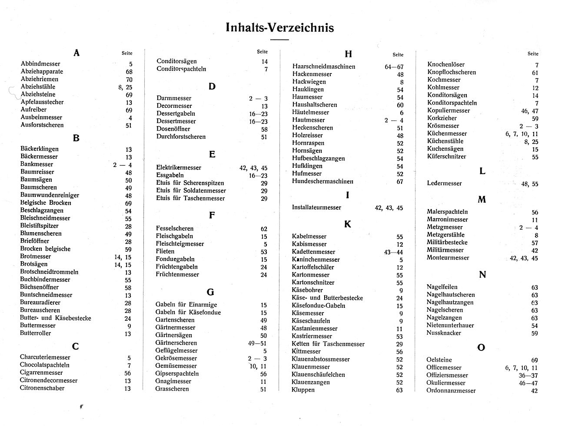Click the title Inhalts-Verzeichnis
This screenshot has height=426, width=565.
click(280, 28)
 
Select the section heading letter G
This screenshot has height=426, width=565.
click(210, 292)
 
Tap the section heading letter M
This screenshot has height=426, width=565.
click(482, 200)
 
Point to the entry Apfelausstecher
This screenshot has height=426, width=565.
click(42, 102)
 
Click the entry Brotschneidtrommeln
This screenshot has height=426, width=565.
click(49, 272)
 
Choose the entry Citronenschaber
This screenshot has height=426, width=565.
click(42, 388)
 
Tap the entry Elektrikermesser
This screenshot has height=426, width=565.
click(179, 167)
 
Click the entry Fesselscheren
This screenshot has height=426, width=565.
click(175, 228)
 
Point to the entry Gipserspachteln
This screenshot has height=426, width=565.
click(177, 373)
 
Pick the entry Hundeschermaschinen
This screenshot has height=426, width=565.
click(322, 181)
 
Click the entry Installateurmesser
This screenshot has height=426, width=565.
click(316, 207)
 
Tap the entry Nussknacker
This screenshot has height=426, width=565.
click(444, 333)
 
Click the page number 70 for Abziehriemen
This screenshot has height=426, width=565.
click(129, 80)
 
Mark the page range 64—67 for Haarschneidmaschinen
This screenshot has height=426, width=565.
click(394, 67)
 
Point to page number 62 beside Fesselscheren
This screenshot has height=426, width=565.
click(264, 229)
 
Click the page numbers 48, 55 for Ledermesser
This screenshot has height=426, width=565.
click(529, 184)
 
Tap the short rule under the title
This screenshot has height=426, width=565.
click(279, 40)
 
